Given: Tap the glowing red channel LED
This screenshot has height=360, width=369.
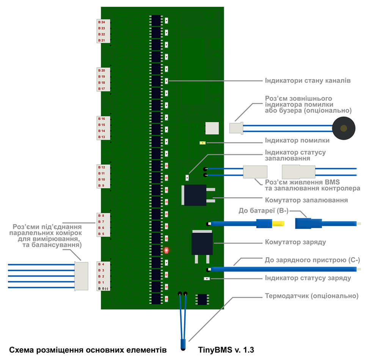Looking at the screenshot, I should click(166, 251).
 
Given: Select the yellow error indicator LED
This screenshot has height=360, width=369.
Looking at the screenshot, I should click(203, 143).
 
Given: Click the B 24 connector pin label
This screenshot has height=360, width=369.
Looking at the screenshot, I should click(102, 22).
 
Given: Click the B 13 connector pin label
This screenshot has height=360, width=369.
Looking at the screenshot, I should click(102, 137).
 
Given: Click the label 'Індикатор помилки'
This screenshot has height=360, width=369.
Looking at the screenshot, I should click(297, 141).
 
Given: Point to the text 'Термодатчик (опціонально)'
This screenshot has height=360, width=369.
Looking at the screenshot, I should click(311, 295).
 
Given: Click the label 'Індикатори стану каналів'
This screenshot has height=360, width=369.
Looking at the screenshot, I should click(307, 81).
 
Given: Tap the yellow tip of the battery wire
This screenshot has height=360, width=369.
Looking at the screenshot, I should click(279, 224).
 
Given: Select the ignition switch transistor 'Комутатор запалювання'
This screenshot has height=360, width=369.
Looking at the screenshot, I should click(195, 195).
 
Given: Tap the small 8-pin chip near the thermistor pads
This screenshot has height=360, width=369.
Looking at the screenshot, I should click(201, 299).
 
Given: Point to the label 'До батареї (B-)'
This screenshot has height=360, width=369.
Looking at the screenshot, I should click(263, 210).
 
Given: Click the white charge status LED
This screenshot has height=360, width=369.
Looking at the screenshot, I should click(207, 279).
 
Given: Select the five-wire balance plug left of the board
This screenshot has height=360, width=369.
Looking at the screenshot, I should click(80, 276).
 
